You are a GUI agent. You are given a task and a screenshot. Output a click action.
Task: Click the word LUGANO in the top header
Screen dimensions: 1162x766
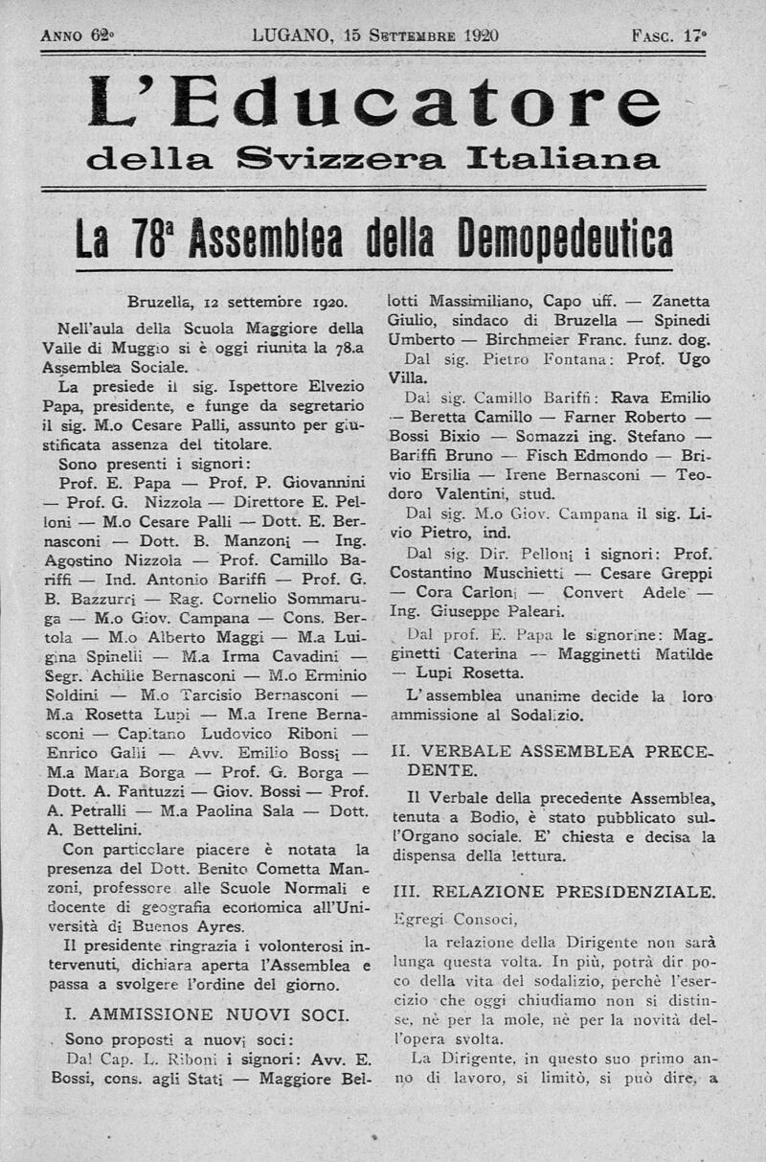tap(290, 36)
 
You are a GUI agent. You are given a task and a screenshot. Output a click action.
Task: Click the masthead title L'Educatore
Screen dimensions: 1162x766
tap(374, 103)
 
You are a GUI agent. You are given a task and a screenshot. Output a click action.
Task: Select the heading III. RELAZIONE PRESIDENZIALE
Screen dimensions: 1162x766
tap(553, 892)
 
